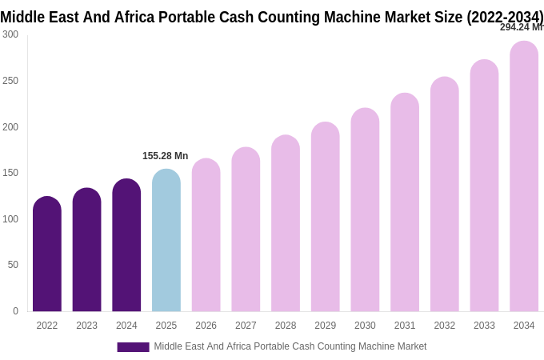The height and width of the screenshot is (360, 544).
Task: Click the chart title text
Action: [272, 17]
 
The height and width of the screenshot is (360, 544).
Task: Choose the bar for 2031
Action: [405, 203]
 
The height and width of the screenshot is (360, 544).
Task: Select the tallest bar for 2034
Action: [524, 177]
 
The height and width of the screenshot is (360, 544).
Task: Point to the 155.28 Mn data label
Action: [165, 156]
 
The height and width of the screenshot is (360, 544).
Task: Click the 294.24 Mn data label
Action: [521, 27]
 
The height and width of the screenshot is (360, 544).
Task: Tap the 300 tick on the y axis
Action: [10, 34]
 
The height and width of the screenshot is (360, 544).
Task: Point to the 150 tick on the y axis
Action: [10, 173]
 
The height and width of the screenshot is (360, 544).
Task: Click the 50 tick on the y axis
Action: [13, 265]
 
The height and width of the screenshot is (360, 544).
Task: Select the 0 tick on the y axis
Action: [15, 311]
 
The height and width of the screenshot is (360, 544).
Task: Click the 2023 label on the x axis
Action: [86, 326]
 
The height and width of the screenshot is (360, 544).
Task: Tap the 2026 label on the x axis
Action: [206, 326]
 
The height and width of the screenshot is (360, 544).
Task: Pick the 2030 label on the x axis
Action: [365, 326]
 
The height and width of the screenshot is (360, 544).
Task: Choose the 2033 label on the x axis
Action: [484, 326]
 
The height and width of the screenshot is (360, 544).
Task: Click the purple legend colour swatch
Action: [133, 347]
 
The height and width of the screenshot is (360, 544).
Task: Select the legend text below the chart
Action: [290, 346]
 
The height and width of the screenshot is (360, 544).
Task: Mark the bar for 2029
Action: [326, 218]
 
